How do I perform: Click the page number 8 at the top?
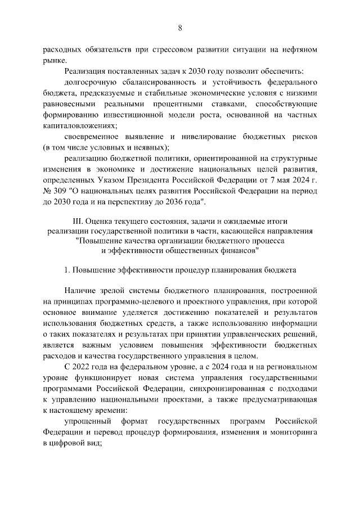click(x=180, y=28)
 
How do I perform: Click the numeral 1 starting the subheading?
click(x=67, y=270)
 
